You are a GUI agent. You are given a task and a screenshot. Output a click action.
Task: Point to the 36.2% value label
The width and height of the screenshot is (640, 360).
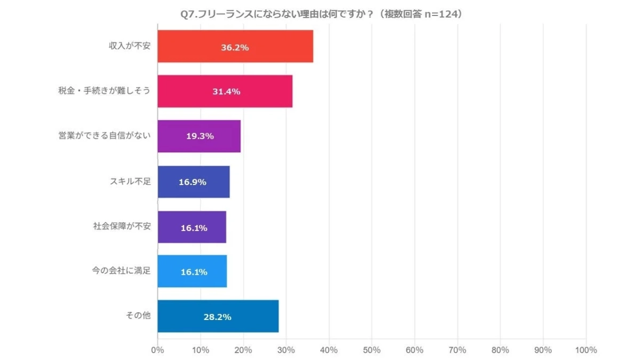235,47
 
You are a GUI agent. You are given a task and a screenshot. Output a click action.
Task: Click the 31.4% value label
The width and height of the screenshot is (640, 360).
226,92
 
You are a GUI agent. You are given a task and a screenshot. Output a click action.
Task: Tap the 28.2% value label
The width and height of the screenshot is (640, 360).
217,317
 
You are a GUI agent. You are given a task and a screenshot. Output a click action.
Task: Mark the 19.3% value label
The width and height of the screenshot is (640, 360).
200,137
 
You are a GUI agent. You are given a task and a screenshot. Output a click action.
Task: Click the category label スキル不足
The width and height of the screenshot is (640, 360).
130,181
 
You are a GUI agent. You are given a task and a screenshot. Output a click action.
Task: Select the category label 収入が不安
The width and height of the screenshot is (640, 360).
130,46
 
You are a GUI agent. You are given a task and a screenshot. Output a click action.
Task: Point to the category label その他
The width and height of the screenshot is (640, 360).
138,316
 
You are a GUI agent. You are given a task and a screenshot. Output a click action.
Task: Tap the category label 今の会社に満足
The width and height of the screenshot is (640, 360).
122,271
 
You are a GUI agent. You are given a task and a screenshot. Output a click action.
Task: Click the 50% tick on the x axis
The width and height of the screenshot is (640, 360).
372,350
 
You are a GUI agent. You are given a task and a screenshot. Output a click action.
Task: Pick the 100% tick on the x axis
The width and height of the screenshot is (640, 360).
586,350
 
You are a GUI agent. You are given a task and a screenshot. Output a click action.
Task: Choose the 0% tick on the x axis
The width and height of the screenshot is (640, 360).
157,350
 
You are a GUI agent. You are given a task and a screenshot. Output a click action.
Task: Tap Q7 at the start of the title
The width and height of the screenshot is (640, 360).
188,14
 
